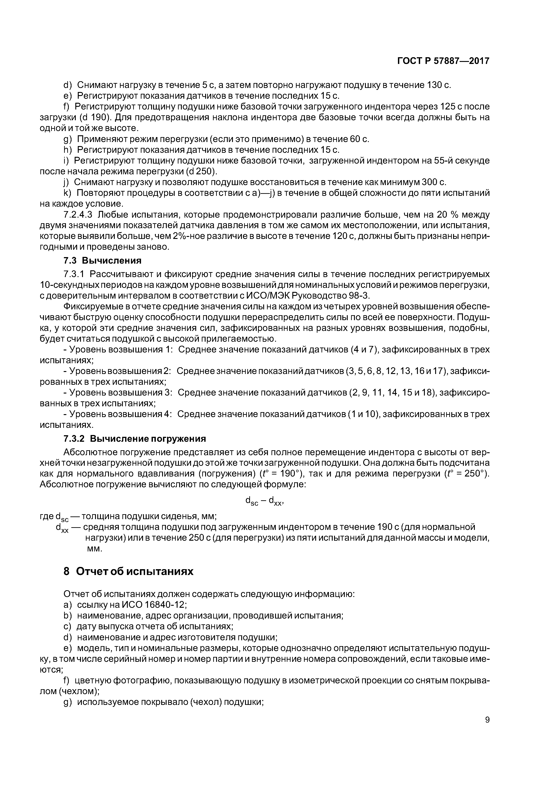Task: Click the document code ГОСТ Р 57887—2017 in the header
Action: click(443, 61)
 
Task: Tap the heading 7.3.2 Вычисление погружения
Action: click(135, 439)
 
